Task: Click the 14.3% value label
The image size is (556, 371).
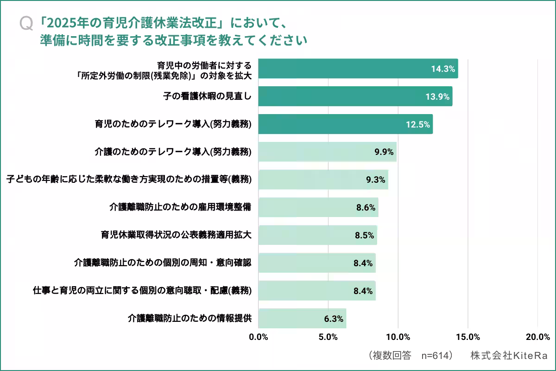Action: coord(442,69)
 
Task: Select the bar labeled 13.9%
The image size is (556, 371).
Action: coord(355,96)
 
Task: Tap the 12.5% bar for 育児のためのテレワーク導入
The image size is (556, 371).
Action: coord(345,124)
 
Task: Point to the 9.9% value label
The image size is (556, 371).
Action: coord(384,152)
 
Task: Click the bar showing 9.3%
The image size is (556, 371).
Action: coord(323,179)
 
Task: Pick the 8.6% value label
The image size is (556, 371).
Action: coord(366,207)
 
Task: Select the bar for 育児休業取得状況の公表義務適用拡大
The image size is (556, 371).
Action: coord(317,235)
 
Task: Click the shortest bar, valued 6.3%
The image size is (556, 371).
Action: coord(302,318)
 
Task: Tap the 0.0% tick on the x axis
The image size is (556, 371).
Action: coord(259,337)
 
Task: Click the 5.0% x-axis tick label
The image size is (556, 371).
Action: coord(328,337)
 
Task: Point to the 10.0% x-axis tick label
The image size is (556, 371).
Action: coord(398,337)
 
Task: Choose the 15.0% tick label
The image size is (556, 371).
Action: coord(468,337)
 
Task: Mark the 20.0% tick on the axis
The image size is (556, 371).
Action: coord(537,337)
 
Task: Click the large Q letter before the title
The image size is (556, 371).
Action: coord(26,24)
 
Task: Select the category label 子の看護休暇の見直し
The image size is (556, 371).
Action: coord(207,96)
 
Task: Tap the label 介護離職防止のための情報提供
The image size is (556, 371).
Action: coord(190,318)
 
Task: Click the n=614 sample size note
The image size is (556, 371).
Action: coord(436,356)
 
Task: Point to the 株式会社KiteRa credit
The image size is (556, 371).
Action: coord(509,356)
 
